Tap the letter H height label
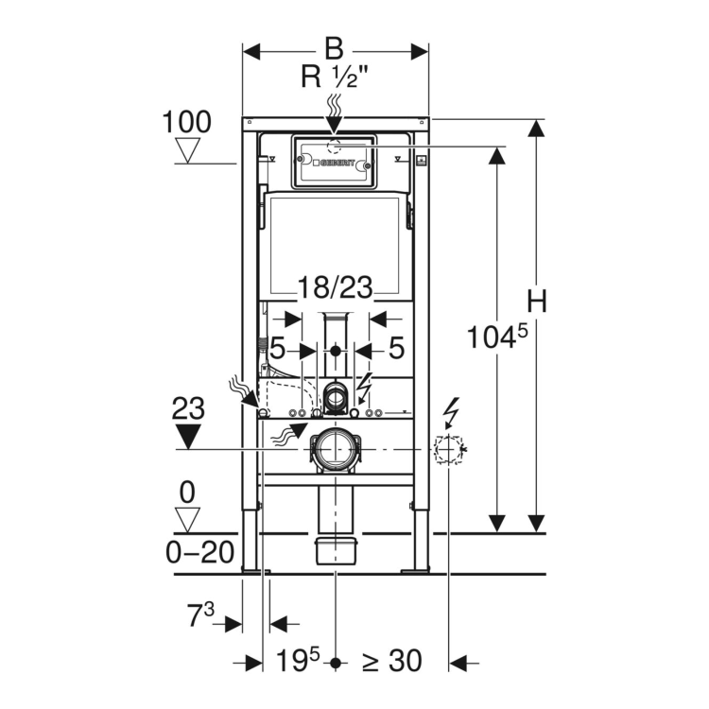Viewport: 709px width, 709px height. click(537, 302)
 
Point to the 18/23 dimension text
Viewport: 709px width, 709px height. click(334, 288)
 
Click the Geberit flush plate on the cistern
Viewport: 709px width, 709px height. click(332, 163)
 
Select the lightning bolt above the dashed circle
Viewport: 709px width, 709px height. click(452, 412)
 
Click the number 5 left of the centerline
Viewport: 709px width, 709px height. click(277, 348)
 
